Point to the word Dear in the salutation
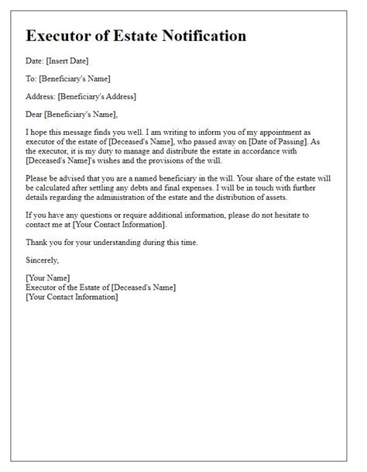click(x=36, y=114)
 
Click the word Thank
click(x=36, y=242)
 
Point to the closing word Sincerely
click(x=43, y=260)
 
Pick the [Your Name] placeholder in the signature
click(x=48, y=277)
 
